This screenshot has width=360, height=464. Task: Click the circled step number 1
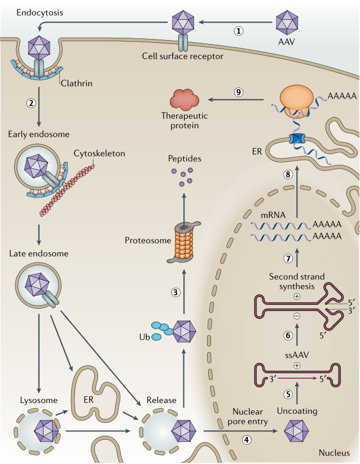(x=239, y=31)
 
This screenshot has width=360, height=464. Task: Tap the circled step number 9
(x=239, y=93)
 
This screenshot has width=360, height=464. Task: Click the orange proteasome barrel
(x=184, y=243)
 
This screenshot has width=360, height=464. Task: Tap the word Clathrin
(x=77, y=84)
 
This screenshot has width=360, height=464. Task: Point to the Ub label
(x=143, y=338)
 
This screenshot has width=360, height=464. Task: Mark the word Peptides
(x=184, y=159)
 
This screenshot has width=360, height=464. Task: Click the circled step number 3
(x=176, y=292)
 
